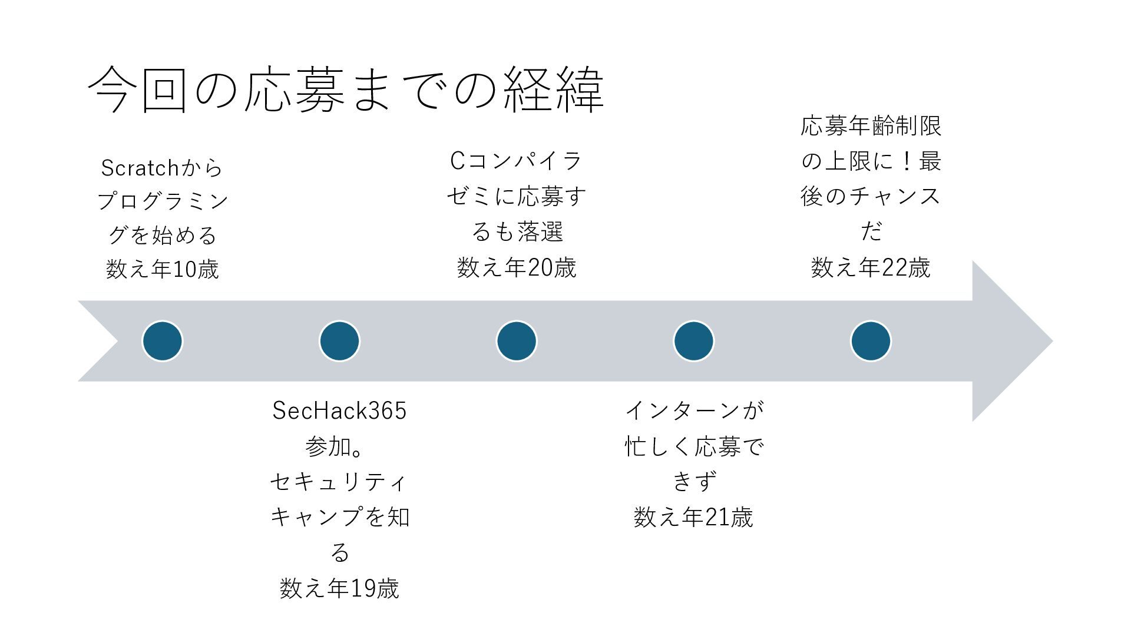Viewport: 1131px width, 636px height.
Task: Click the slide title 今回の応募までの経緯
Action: coord(346,90)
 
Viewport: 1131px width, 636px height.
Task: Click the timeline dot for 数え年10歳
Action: coord(163,341)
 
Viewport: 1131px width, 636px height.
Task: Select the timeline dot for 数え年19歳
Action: coord(339,341)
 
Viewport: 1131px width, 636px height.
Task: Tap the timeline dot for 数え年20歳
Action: coord(517,341)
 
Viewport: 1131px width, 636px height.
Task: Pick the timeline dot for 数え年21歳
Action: coord(694,341)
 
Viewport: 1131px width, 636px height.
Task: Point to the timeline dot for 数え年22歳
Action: coord(871,341)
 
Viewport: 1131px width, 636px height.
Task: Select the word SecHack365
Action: coord(339,411)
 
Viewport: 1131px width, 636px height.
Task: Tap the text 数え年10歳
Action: coord(163,269)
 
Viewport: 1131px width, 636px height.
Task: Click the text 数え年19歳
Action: coord(339,588)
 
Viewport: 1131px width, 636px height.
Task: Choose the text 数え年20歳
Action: coord(517,268)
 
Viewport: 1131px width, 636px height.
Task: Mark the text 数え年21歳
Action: coord(694,518)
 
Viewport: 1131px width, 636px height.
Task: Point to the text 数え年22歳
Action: coord(871,268)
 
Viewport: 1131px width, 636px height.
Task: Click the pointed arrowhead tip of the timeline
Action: coord(1053,341)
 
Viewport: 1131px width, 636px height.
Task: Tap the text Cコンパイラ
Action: coord(517,161)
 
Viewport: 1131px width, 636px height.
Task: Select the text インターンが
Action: coord(694,410)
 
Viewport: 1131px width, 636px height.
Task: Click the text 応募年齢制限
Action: coord(871,126)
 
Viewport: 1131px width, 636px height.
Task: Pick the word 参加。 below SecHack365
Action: coord(334,447)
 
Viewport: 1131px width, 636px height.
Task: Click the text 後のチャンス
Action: coord(871,196)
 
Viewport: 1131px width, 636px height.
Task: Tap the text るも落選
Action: coord(517,232)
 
